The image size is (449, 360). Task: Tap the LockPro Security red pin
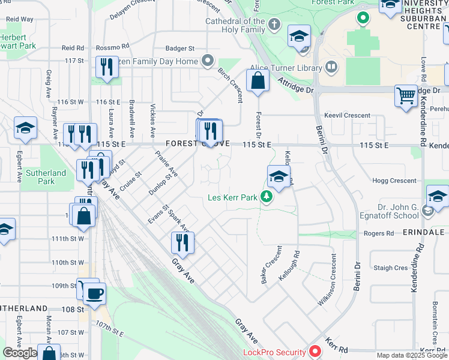pyautogui.click(x=315, y=352)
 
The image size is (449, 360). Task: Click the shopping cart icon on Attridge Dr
pyautogui.click(x=406, y=95)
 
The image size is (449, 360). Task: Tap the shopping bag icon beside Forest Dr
pyautogui.click(x=258, y=80)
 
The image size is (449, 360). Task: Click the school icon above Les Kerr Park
pyautogui.click(x=279, y=176)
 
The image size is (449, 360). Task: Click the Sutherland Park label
pyautogui.click(x=46, y=177)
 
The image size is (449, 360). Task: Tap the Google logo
pyautogui.click(x=20, y=353)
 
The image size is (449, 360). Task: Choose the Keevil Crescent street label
pyautogui.click(x=348, y=115)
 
